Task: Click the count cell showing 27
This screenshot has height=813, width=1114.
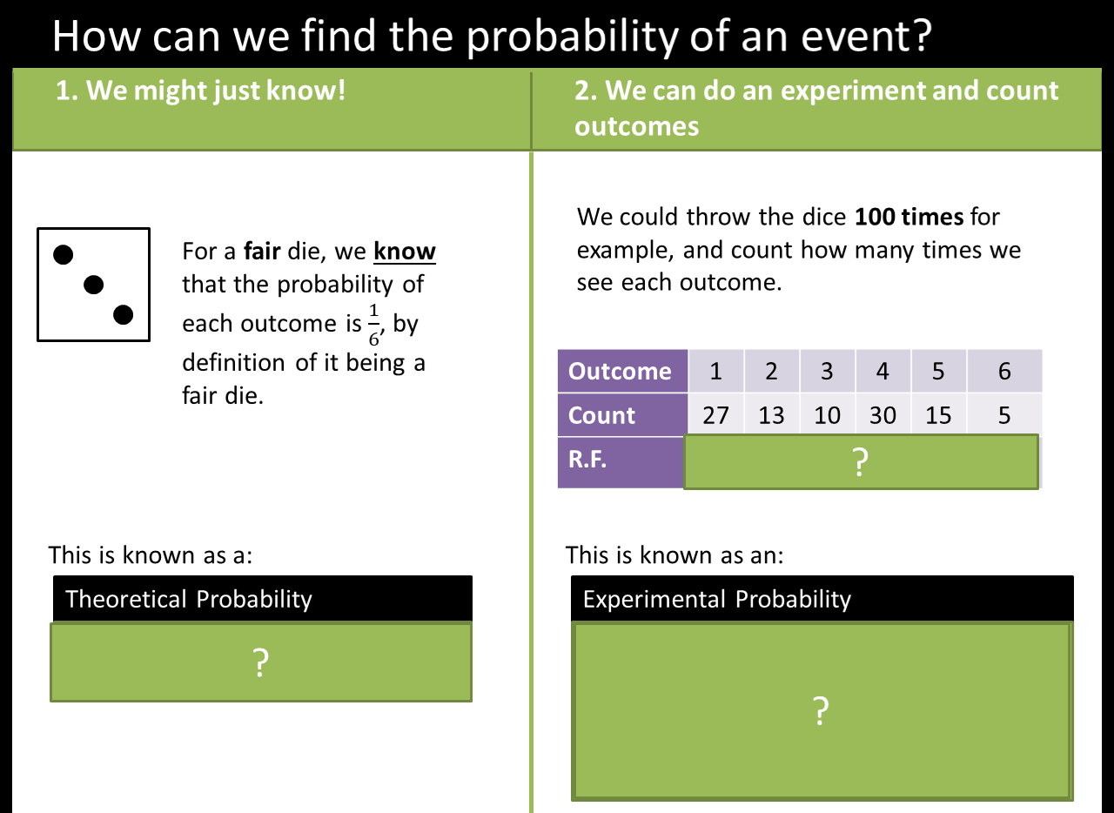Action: click(x=715, y=415)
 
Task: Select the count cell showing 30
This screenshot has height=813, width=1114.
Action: click(x=882, y=415)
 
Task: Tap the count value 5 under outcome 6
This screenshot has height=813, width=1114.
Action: click(x=1004, y=415)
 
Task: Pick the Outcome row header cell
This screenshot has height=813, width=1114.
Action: click(x=621, y=372)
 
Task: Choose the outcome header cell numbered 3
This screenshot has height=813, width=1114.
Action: click(x=827, y=372)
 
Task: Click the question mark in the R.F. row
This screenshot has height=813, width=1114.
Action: click(x=860, y=462)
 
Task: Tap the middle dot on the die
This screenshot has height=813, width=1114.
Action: click(x=93, y=284)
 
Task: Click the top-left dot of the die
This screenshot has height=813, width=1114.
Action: click(x=64, y=254)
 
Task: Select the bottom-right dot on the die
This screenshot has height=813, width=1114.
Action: click(x=123, y=314)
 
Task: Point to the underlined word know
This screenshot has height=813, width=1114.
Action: click(x=405, y=252)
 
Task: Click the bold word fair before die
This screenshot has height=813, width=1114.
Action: click(x=261, y=252)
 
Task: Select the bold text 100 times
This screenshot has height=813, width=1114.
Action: click(x=909, y=216)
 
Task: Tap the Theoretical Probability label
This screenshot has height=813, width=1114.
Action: click(x=188, y=599)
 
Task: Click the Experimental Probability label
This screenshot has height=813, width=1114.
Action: click(x=716, y=599)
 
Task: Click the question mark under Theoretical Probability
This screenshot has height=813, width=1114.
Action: click(x=260, y=664)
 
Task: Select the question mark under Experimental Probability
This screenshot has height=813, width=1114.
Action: click(x=820, y=712)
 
